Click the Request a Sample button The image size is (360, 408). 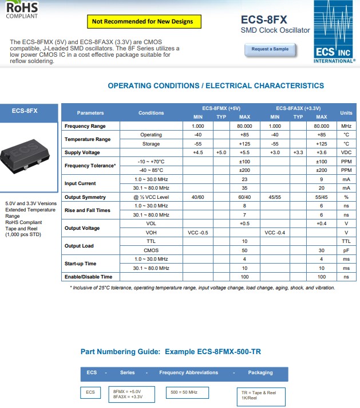(x=270, y=49)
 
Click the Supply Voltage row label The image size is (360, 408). (x=82, y=152)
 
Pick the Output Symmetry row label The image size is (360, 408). (x=85, y=197)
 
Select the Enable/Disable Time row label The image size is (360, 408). (x=89, y=277)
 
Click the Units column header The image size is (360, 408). (x=346, y=113)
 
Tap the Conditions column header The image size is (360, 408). (x=151, y=113)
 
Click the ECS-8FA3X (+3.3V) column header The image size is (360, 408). (x=298, y=108)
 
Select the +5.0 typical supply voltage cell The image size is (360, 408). (x=221, y=152)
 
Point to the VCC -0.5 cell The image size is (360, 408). (x=198, y=233)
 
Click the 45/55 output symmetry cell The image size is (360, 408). (x=275, y=197)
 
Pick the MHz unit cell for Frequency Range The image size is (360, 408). (x=346, y=126)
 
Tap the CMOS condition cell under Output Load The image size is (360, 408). (x=151, y=250)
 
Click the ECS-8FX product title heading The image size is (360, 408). (x=264, y=19)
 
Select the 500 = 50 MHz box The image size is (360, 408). (x=187, y=393)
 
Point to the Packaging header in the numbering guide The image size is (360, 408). (x=260, y=372)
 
